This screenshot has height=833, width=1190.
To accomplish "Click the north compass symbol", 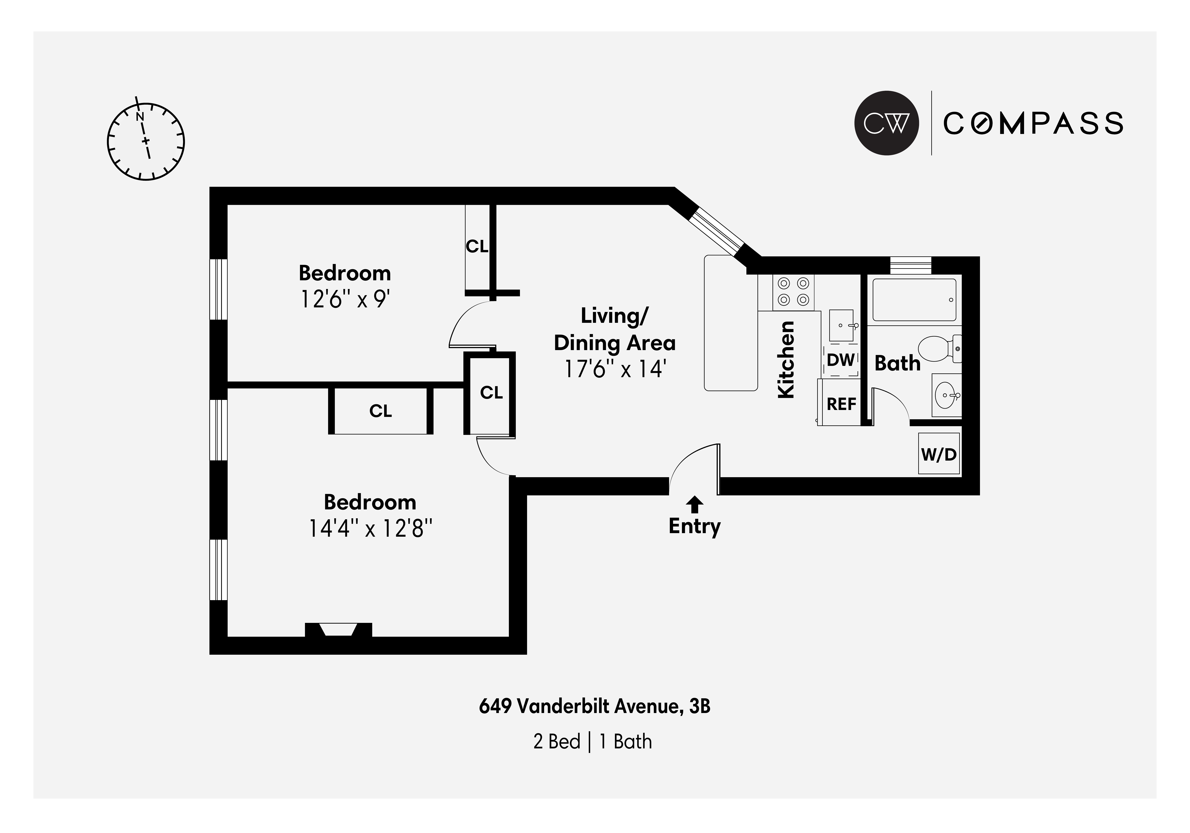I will (x=146, y=141).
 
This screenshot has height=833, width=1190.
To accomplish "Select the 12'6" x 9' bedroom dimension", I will (x=345, y=299).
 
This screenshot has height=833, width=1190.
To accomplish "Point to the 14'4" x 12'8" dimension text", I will (x=370, y=529).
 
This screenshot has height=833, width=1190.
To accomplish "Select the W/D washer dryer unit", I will (x=939, y=454).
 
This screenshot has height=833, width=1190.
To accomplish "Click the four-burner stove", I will (x=793, y=292).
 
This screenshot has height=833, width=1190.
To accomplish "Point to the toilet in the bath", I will (x=938, y=349).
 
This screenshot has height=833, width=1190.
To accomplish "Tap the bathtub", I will (x=914, y=300).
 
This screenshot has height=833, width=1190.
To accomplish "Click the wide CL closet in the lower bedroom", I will (x=381, y=411).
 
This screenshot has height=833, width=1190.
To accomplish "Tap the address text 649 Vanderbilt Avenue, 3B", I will (x=595, y=707).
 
